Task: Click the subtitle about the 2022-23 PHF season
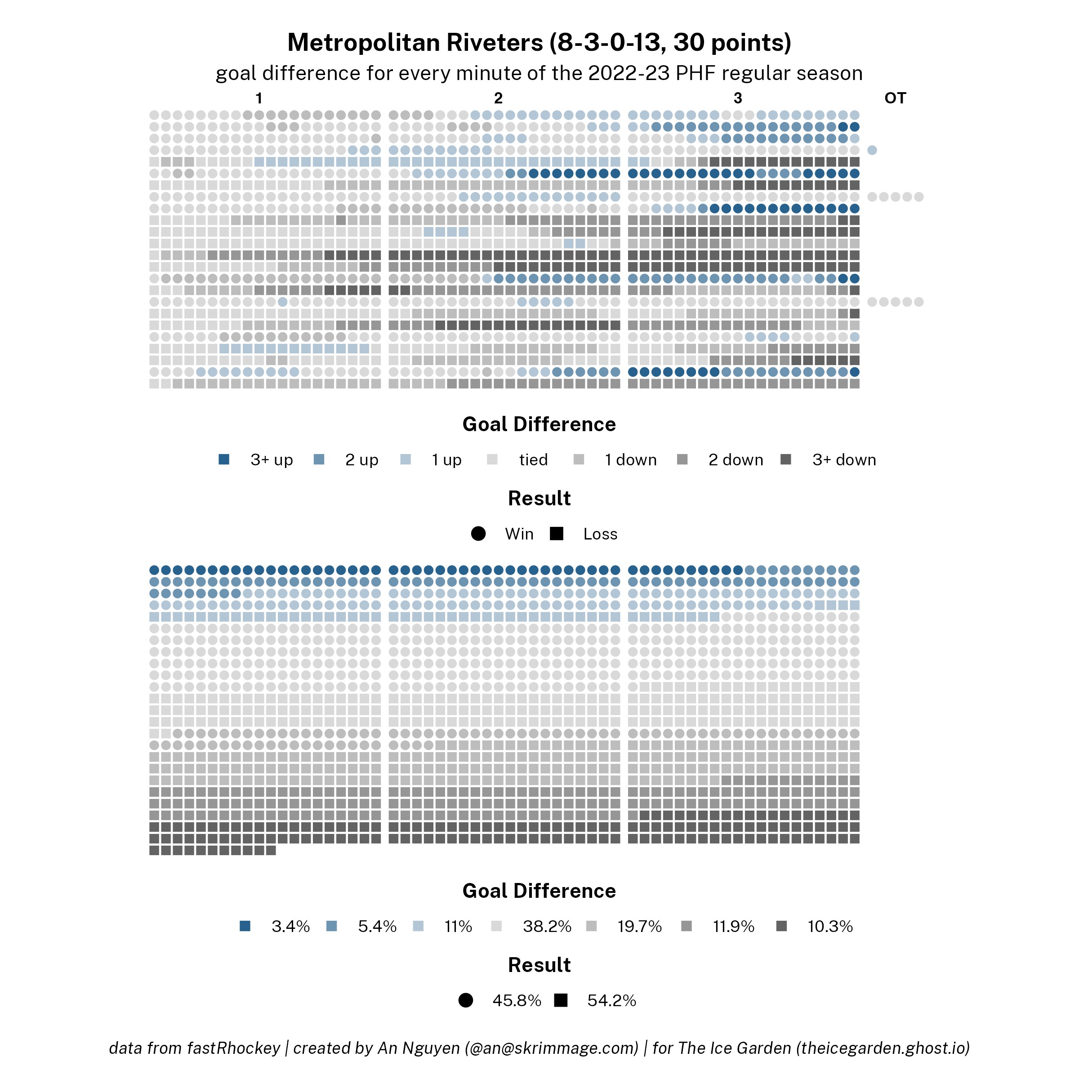pyautogui.click(x=539, y=73)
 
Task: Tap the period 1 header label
pyautogui.click(x=259, y=98)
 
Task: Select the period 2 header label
pyautogui.click(x=498, y=98)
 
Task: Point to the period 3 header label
pyautogui.click(x=738, y=98)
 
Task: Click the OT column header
pyautogui.click(x=895, y=98)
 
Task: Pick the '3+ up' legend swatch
pyautogui.click(x=224, y=459)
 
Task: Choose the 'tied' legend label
pyautogui.click(x=533, y=459)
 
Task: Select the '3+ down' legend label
pyautogui.click(x=844, y=459)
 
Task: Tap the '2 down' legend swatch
pyautogui.click(x=682, y=459)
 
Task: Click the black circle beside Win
pyautogui.click(x=478, y=534)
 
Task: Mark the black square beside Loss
pyautogui.click(x=556, y=534)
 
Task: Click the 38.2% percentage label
pyautogui.click(x=547, y=927)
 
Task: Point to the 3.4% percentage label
pyautogui.click(x=290, y=927)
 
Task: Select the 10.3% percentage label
pyautogui.click(x=830, y=927)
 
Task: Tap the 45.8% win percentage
pyautogui.click(x=517, y=1000)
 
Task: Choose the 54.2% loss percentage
pyautogui.click(x=611, y=1000)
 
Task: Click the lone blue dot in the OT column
pyautogui.click(x=872, y=150)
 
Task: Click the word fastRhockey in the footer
pyautogui.click(x=233, y=1048)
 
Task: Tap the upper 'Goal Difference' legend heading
pyautogui.click(x=539, y=424)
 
